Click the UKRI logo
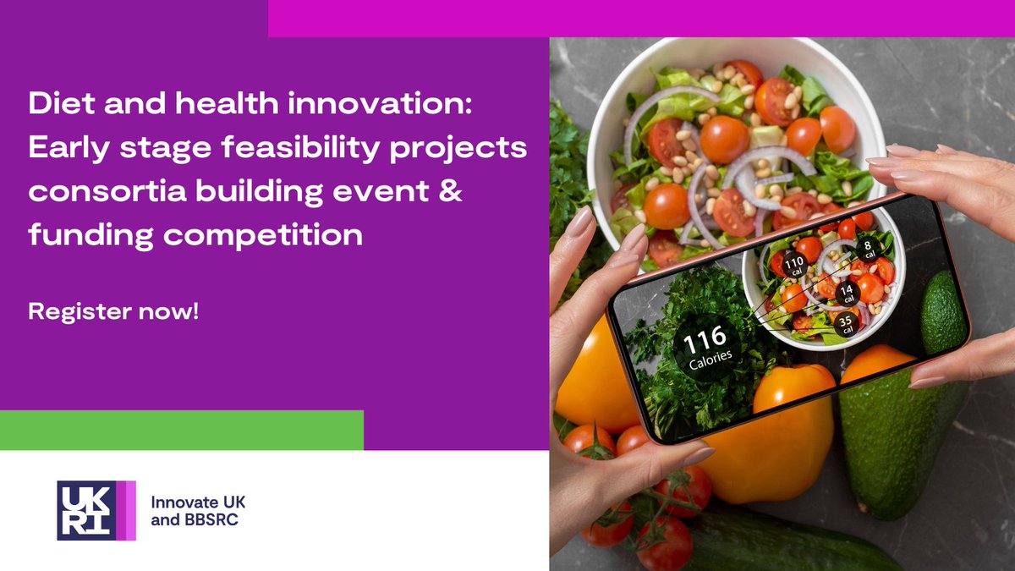[x=96, y=510]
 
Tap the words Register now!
[x=113, y=310]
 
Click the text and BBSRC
[x=195, y=520]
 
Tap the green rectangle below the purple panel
[x=182, y=430]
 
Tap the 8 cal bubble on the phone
[x=867, y=247]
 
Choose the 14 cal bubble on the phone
[x=848, y=293]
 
